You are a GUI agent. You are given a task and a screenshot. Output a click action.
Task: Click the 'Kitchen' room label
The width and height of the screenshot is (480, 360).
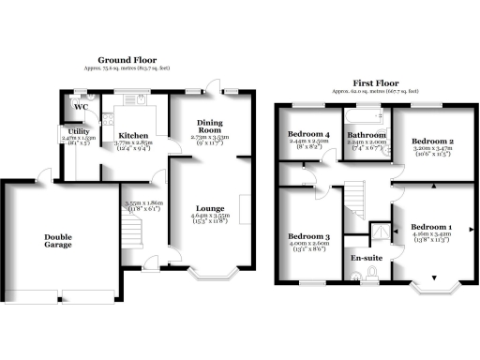click(132, 136)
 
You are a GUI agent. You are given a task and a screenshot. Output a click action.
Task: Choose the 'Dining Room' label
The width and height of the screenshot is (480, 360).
click(210, 128)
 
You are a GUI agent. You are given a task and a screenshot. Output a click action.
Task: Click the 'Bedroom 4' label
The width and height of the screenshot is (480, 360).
click(308, 135)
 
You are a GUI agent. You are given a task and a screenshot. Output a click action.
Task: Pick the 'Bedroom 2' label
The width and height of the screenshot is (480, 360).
click(432, 142)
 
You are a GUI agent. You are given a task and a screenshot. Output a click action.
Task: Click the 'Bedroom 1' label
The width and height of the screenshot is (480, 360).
click(433, 229)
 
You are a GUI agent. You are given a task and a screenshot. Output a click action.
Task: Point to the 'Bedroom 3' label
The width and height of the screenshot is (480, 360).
click(307, 235)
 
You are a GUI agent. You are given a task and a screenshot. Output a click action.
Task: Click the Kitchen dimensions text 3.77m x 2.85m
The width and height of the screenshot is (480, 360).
click(132, 144)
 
